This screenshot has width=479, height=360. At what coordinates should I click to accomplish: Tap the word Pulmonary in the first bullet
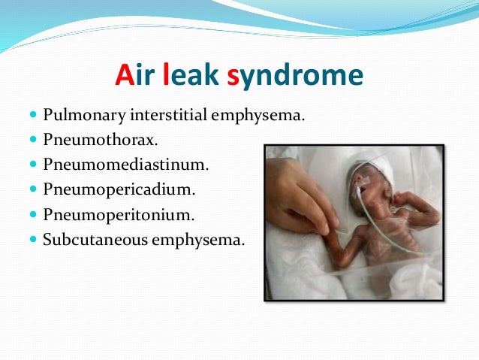pyautogui.click(x=77, y=116)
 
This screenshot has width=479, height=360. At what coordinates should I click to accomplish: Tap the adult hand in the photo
pyautogui.click(x=300, y=195)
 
